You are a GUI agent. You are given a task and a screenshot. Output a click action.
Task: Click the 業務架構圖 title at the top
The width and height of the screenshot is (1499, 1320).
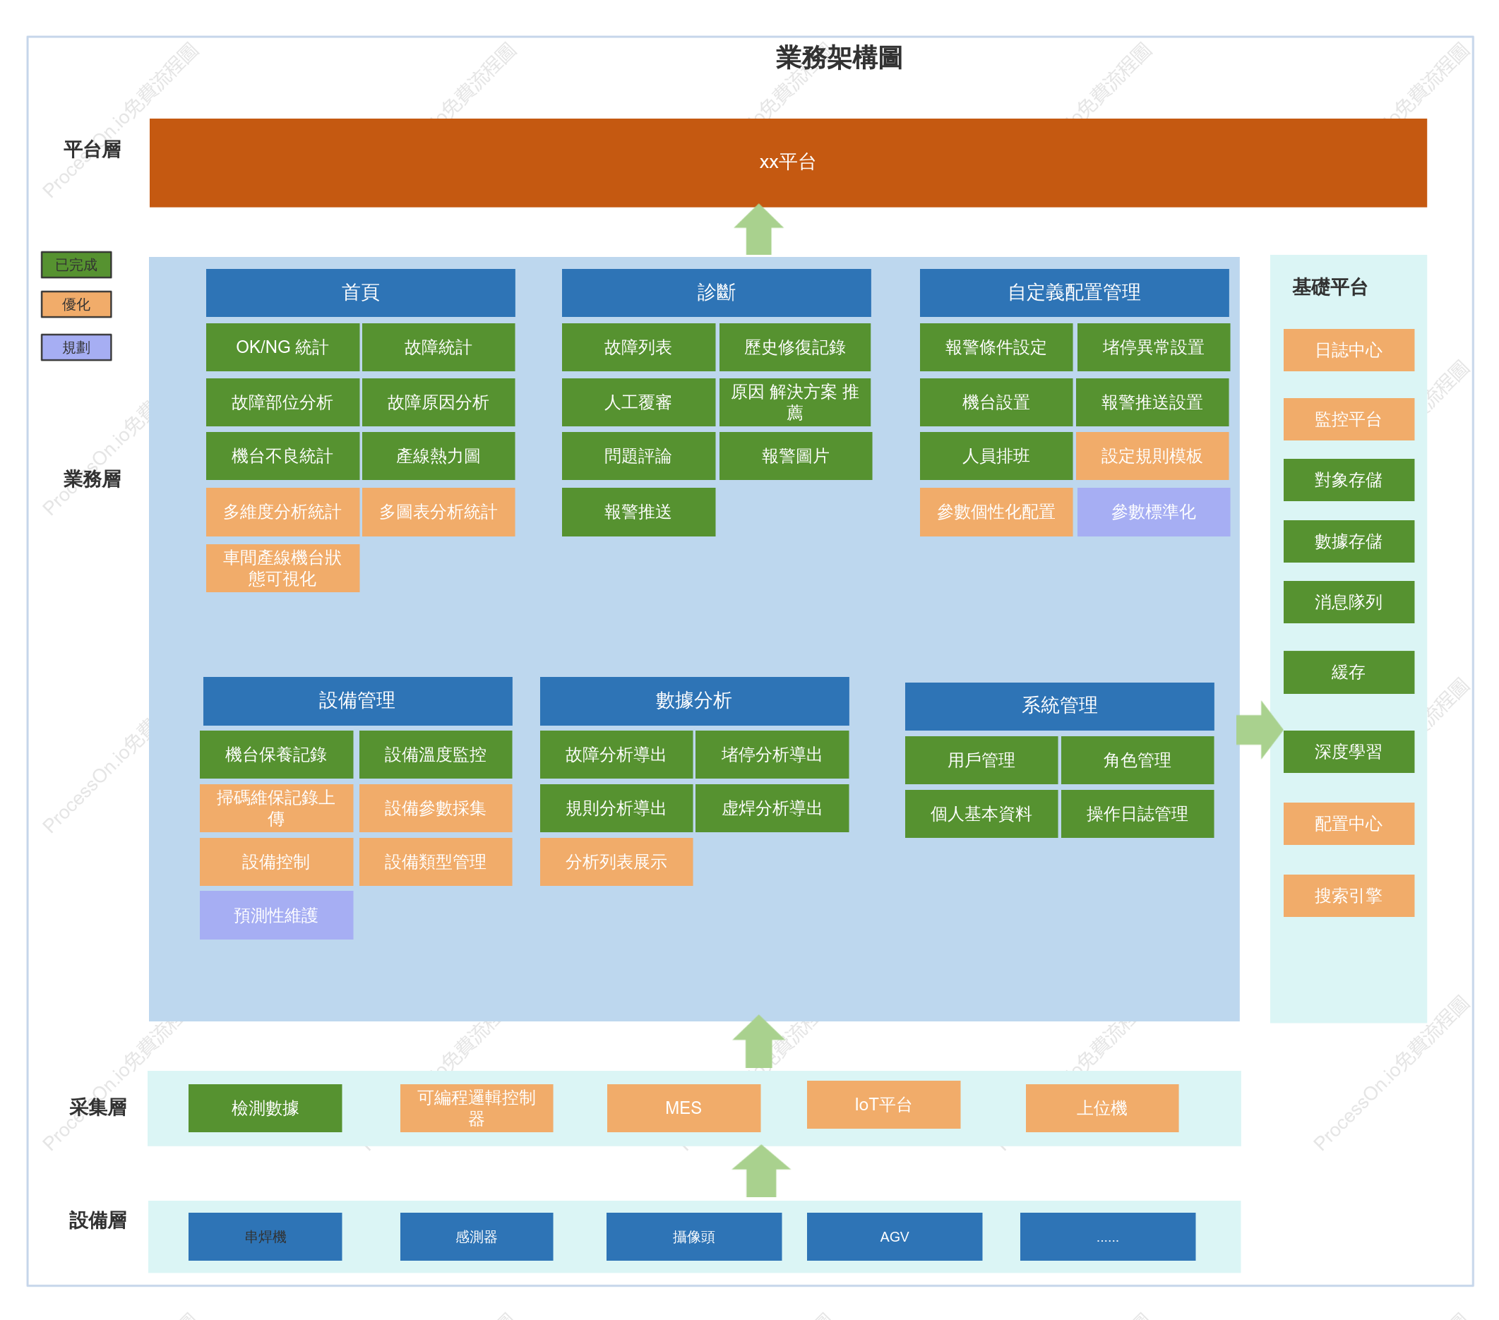[838, 58]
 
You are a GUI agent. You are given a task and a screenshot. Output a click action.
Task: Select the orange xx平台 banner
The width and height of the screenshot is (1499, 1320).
[788, 162]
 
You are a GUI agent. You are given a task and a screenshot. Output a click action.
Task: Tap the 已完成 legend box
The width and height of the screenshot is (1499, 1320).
[76, 265]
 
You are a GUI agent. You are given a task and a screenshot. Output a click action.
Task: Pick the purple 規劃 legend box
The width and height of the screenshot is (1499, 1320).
[76, 347]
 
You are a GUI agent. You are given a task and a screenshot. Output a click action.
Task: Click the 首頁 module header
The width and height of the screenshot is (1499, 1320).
[360, 293]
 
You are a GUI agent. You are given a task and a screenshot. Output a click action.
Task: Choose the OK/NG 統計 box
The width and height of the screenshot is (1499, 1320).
[282, 347]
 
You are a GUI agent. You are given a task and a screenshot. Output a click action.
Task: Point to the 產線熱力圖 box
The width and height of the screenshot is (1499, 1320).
[438, 456]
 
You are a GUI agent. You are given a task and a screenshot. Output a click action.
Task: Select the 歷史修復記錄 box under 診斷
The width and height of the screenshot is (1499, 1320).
[795, 347]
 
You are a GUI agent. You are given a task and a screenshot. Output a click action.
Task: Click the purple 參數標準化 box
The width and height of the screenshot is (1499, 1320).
[1153, 512]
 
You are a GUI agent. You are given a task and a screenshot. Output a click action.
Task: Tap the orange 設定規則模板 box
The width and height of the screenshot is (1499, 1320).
[1152, 456]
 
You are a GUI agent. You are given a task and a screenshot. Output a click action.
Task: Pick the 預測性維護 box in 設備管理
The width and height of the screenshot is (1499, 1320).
[276, 916]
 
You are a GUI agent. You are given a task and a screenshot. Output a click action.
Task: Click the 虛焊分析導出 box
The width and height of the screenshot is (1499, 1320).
[772, 808]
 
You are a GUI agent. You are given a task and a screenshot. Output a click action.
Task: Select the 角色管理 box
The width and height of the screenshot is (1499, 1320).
[1137, 760]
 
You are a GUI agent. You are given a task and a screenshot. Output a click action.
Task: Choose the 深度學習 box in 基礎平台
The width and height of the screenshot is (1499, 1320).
[1348, 752]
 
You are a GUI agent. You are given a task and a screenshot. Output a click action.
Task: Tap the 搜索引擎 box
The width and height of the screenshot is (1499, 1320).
[1348, 895]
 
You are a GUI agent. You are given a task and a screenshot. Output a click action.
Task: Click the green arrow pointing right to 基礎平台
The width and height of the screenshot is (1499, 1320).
[1259, 730]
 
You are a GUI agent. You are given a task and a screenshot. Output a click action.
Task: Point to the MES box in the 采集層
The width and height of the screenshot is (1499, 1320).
[683, 1108]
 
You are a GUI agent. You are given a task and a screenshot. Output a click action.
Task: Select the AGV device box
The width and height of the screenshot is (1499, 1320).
[894, 1237]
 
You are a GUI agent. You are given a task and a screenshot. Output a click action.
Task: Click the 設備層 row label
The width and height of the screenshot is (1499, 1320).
[97, 1220]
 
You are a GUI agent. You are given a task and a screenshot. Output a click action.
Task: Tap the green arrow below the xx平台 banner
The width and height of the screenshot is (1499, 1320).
[758, 229]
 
